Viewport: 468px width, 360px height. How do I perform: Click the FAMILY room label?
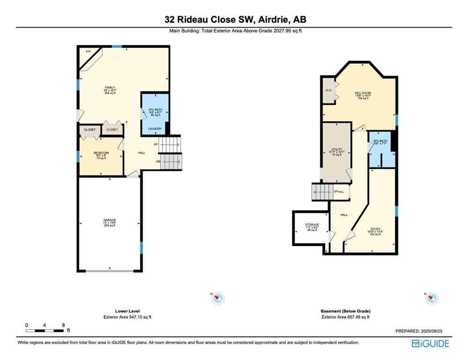pyautogui.click(x=110, y=88)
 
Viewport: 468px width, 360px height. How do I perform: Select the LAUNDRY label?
pyautogui.click(x=155, y=129)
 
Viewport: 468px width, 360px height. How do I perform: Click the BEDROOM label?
pyautogui.click(x=101, y=153)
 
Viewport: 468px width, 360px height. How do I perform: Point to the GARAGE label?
pyautogui.click(x=110, y=220)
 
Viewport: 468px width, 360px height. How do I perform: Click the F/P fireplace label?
pyautogui.click(x=88, y=51)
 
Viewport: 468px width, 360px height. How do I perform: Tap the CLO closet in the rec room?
pyautogui.click(x=328, y=90)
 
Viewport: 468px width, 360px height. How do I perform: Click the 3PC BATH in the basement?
pyautogui.click(x=380, y=141)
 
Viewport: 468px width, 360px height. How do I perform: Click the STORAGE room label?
pyautogui.click(x=312, y=225)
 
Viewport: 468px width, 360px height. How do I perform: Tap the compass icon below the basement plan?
pyautogui.click(x=431, y=298)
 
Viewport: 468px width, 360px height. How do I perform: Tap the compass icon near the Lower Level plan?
pyautogui.click(x=218, y=298)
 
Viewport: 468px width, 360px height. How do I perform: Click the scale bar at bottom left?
pyautogui.click(x=45, y=331)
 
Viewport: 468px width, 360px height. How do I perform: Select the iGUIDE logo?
pyautogui.click(x=430, y=344)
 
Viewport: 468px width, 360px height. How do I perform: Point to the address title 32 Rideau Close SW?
pyautogui.click(x=234, y=20)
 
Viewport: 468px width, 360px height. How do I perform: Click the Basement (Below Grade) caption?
pyautogui.click(x=345, y=311)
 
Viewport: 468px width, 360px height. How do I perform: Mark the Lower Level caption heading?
pyautogui.click(x=127, y=311)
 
